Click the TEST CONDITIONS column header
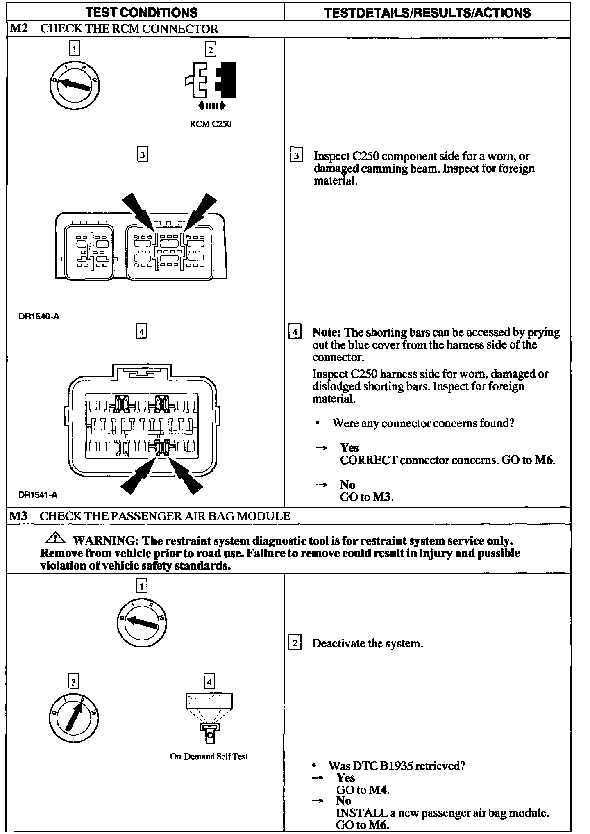click(142, 12)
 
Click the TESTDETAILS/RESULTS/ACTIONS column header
click(427, 13)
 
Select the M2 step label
click(19, 29)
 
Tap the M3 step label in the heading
click(18, 516)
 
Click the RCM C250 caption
click(211, 124)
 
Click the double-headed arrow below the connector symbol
click(211, 106)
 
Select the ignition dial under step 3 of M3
click(73, 717)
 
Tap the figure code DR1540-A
click(39, 317)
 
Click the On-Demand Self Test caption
click(209, 757)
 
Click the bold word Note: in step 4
click(327, 332)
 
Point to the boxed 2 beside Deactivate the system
click(295, 643)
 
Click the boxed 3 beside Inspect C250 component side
click(296, 156)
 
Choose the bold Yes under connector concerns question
click(349, 448)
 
